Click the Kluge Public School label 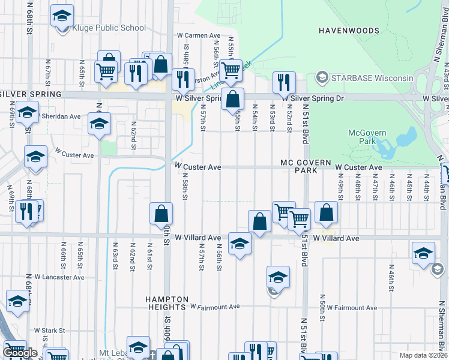click(x=109, y=28)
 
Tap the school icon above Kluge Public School click(x=62, y=16)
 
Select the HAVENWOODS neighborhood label click(x=349, y=31)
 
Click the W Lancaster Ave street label click(x=59, y=278)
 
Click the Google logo click(x=20, y=353)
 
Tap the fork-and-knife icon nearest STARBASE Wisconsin click(x=284, y=82)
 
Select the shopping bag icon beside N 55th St click(x=233, y=98)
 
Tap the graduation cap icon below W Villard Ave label click(x=240, y=244)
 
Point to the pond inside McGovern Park click(x=399, y=142)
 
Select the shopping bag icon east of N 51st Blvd click(x=326, y=212)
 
